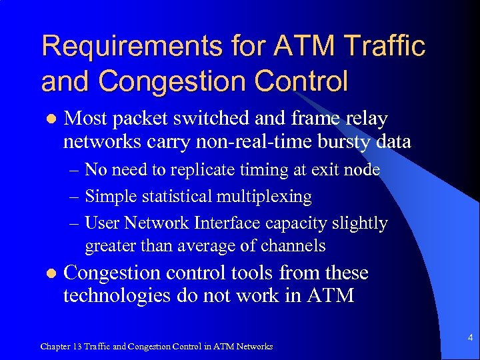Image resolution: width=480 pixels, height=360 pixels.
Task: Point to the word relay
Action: [x=366, y=119]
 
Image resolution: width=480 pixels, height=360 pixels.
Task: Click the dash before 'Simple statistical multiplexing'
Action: [x=75, y=197]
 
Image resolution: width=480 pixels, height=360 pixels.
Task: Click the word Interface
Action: [x=213, y=223]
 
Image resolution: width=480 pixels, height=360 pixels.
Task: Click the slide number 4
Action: [x=469, y=338]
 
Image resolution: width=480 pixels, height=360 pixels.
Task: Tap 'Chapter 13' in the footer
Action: [x=59, y=346]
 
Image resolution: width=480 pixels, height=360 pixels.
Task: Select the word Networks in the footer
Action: [x=254, y=346]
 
